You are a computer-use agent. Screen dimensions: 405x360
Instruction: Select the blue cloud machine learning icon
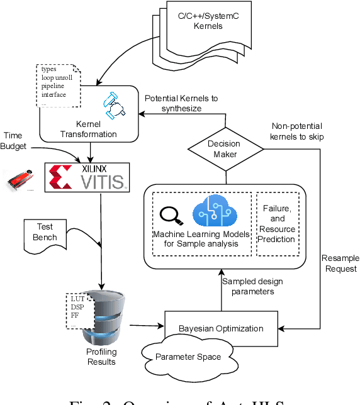(x=212, y=211)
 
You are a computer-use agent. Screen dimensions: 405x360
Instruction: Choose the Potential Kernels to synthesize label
(x=182, y=104)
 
